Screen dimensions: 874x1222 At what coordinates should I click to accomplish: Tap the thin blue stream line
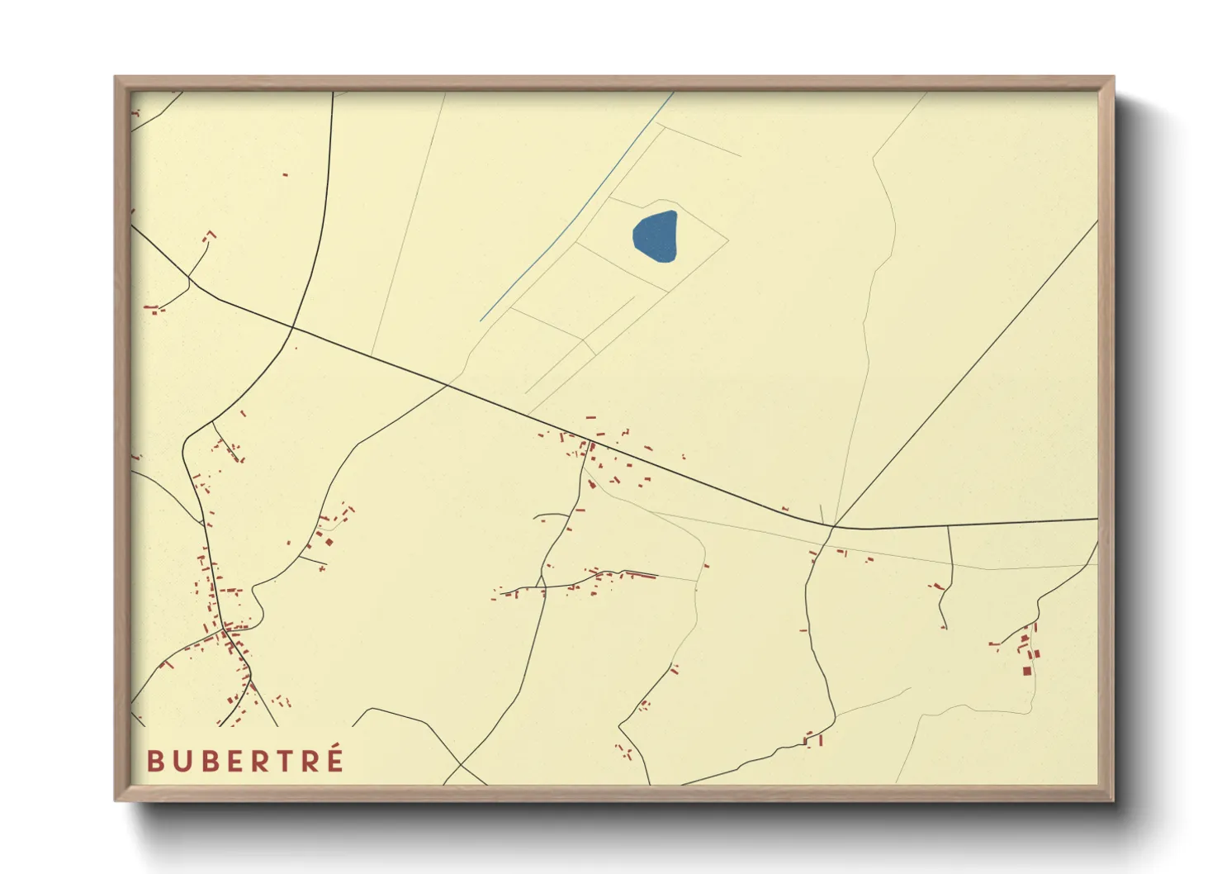point(578,207)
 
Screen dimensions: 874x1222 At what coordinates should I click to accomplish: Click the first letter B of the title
point(154,761)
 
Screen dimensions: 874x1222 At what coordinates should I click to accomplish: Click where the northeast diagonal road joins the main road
point(834,525)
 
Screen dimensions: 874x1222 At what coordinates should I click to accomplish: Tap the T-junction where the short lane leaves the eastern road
point(947,525)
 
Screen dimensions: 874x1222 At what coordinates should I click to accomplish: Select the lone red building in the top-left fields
point(285,174)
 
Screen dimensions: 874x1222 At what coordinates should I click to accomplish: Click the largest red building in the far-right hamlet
point(1026,671)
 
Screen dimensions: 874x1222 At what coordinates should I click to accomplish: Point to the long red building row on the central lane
point(640,574)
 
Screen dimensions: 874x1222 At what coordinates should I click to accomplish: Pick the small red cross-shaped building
point(321,568)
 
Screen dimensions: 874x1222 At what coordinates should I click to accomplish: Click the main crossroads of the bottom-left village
point(225,630)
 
